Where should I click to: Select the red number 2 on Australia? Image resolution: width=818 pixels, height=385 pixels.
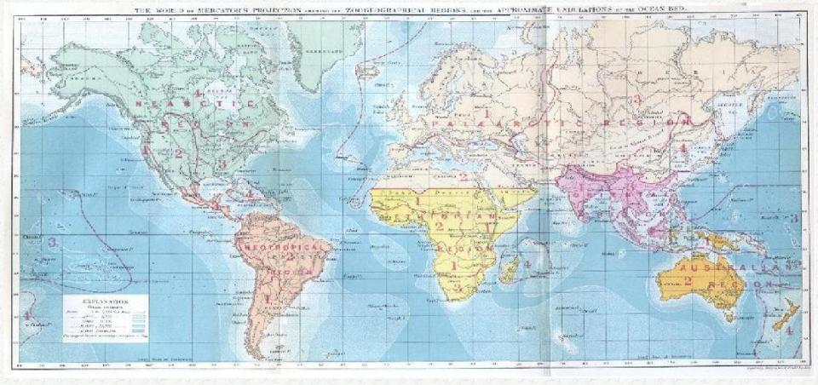click(687, 281)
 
